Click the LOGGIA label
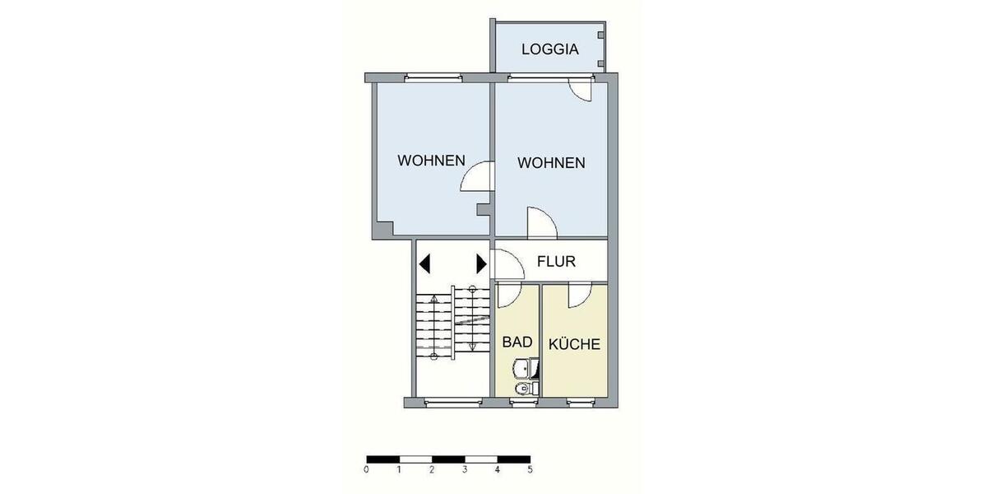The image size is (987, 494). (x=549, y=49)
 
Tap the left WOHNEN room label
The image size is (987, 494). (x=432, y=161)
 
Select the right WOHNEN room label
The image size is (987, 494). (x=551, y=163)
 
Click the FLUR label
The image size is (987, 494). (x=556, y=263)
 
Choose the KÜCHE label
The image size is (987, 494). (x=575, y=344)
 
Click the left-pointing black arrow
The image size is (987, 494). (x=425, y=263)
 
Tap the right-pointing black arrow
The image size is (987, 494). (x=481, y=263)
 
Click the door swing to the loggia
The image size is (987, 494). (x=581, y=91)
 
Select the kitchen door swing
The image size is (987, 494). (x=579, y=294)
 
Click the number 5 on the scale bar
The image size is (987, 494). (x=530, y=470)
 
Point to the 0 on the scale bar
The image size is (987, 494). (x=365, y=470)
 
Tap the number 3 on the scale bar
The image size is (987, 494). (x=464, y=470)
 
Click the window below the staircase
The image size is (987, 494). (x=453, y=403)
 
